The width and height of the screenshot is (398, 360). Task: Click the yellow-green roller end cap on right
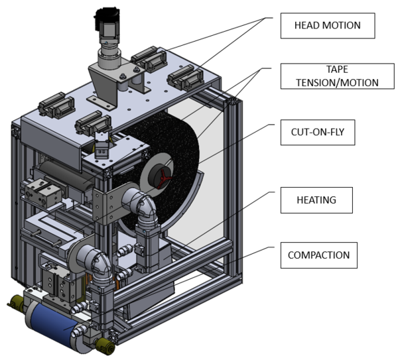(105, 343)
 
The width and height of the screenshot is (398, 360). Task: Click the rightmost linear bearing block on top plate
(185, 80)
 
